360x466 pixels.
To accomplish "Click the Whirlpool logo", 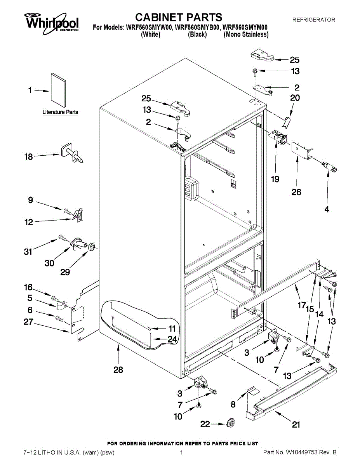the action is pos(52,23).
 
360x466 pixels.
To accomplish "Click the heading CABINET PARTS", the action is pos(179,17).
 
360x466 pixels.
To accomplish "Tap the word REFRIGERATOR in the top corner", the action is pos(314,20).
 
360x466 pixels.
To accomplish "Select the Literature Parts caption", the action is pos(60,112).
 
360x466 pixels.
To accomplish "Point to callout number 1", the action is pos(30,90).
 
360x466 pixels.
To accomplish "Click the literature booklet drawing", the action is pos(58,90).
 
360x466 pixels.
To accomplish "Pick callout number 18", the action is pos(28,157).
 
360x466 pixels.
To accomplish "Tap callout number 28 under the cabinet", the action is pos(118,370).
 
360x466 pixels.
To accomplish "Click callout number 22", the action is pos(205,424).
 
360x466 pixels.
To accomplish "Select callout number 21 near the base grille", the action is pos(296,424).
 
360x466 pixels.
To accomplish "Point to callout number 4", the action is pos(327,209).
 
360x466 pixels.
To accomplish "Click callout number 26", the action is pos(296,192).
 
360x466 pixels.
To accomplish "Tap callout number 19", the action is pos(275,179).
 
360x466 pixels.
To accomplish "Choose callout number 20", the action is pos(295,98).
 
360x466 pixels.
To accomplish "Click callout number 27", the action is pos(28,322).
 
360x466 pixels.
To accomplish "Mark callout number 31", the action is pos(28,252).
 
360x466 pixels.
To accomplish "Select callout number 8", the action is pos(233,405).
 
